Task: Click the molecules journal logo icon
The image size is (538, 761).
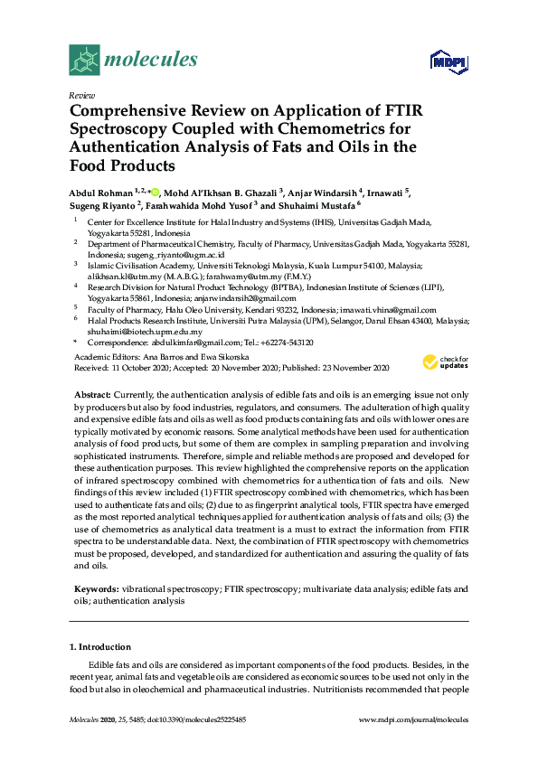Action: tap(84, 61)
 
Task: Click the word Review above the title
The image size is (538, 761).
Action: tap(80, 94)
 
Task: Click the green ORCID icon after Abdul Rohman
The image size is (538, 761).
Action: tap(155, 192)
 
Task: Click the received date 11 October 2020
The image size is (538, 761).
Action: tap(144, 368)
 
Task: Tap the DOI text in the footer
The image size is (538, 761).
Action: tap(200, 719)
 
